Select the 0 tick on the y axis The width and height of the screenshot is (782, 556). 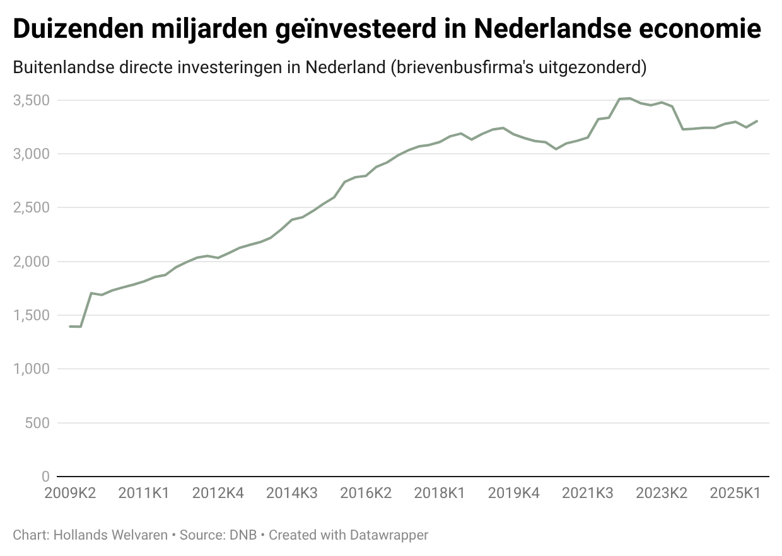coord(45,477)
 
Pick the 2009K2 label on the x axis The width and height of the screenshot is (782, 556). coord(70,493)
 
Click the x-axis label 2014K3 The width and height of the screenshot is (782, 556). coord(291,493)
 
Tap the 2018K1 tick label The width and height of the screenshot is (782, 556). coord(440,493)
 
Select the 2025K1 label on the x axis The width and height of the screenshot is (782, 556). coord(735,493)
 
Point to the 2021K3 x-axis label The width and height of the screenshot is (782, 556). coord(587,493)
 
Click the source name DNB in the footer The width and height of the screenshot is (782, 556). coord(243,535)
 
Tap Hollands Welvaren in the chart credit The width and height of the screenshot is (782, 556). coord(110,535)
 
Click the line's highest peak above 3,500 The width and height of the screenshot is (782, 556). coord(629,98)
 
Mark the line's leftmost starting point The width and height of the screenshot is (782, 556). coord(70,327)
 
